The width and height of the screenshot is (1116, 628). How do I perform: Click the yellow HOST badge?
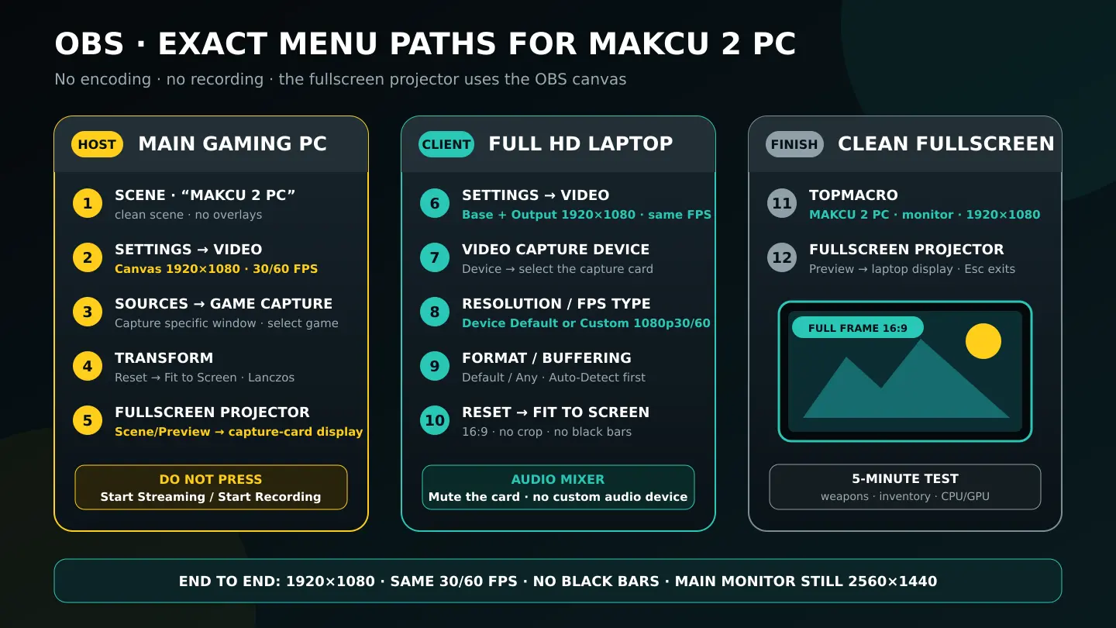coord(97,144)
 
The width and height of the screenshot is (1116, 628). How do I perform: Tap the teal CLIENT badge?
coord(446,144)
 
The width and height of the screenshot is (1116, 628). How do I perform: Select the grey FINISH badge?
coord(794,144)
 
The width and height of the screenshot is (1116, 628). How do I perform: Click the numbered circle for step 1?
coord(88,203)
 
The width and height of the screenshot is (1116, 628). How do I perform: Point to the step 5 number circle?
coord(88,421)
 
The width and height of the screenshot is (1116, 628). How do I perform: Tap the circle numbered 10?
coord(435,421)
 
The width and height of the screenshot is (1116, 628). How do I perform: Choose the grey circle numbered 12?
coord(782,257)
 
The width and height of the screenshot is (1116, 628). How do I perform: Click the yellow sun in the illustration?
coord(983,341)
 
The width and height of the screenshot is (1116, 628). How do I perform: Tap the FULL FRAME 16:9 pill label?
coord(857,328)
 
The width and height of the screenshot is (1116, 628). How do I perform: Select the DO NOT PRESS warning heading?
coord(211,479)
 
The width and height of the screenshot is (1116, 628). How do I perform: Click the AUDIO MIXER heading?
coord(558,479)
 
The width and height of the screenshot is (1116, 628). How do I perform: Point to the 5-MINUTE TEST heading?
coord(904,479)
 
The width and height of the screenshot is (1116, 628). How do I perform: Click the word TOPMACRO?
coord(853,195)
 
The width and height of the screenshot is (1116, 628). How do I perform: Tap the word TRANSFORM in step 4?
coord(164,358)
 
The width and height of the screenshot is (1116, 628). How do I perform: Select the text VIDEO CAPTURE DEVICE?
coord(556,250)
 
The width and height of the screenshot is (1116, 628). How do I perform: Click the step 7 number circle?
coord(435,257)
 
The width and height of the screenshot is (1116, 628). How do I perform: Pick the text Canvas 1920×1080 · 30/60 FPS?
coord(216,269)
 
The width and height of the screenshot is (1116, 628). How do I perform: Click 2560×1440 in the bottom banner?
coord(892,581)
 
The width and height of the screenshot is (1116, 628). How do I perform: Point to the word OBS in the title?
coord(89,44)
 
